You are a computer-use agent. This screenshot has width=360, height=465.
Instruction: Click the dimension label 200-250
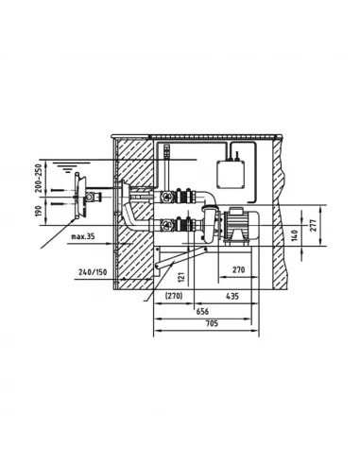(x=38, y=178)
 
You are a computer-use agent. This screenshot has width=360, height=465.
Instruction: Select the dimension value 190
(x=38, y=211)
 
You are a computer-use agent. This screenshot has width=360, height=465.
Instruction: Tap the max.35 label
(x=83, y=236)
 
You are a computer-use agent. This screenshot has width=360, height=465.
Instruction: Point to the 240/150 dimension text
(x=93, y=272)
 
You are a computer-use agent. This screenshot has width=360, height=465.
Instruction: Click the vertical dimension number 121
(x=180, y=277)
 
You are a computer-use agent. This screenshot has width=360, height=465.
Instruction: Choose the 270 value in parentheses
(x=174, y=296)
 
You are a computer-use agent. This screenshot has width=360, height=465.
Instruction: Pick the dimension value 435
(x=232, y=296)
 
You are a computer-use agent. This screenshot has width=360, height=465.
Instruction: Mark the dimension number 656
(x=202, y=311)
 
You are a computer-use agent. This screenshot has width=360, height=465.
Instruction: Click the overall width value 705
(x=212, y=323)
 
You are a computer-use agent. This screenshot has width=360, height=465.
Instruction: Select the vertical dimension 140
(x=295, y=236)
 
